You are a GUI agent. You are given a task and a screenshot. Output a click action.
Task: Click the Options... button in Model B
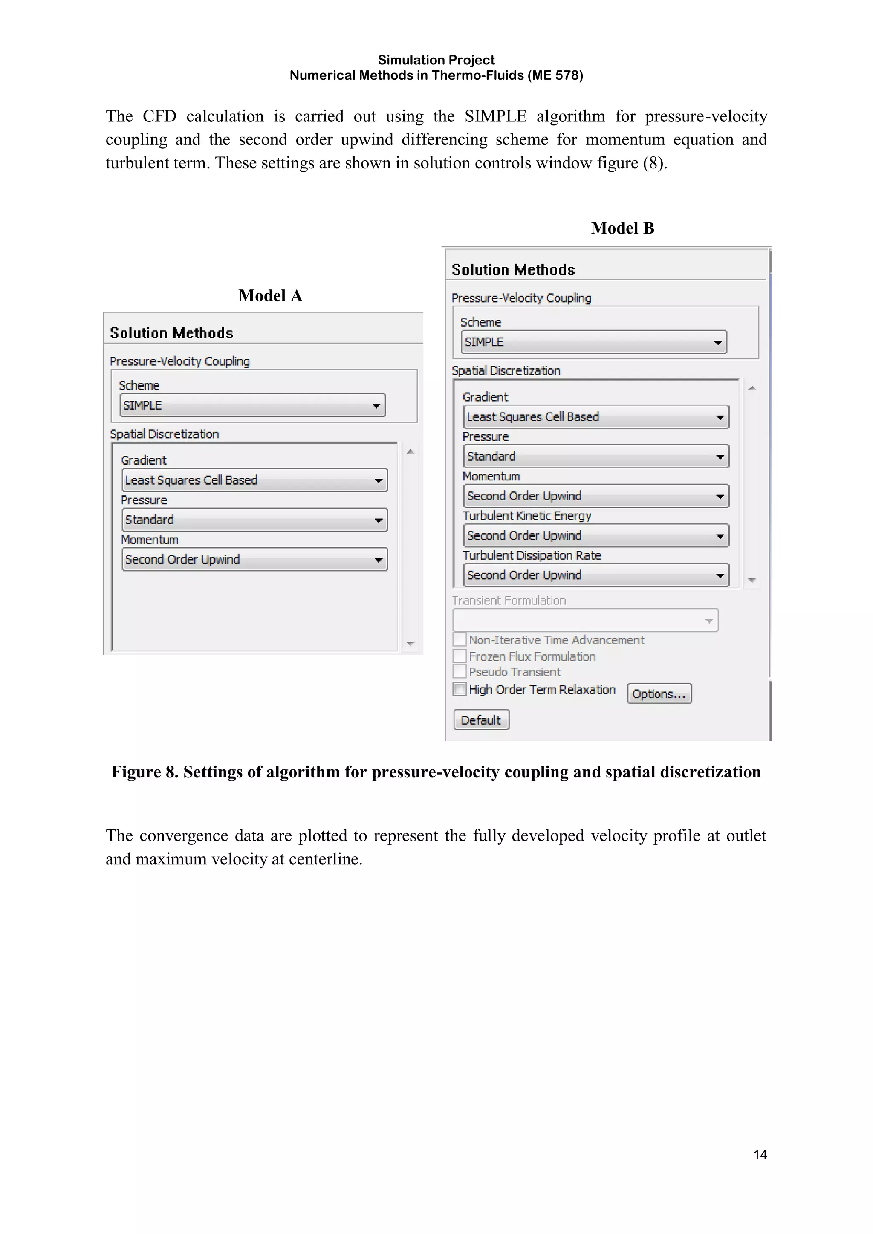tap(659, 694)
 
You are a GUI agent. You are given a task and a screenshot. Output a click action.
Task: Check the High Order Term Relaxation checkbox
tap(460, 689)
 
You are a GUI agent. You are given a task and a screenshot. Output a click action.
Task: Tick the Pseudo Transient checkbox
tap(460, 671)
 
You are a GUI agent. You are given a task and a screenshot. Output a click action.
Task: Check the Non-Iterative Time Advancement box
tap(460, 639)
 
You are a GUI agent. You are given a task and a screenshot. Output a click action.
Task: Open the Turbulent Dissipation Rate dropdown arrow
tap(720, 575)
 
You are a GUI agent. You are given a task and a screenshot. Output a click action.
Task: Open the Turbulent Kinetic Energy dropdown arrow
tap(720, 536)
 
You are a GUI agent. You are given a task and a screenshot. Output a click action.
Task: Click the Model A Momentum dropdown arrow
tap(379, 560)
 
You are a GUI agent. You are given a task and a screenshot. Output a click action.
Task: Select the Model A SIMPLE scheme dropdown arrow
tap(376, 406)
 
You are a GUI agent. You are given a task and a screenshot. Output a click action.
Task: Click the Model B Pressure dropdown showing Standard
tap(595, 456)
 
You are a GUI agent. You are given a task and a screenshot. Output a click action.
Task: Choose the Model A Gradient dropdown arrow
tap(379, 480)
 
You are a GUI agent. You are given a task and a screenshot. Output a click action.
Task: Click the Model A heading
tap(270, 295)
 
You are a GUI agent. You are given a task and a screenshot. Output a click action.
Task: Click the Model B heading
tap(622, 228)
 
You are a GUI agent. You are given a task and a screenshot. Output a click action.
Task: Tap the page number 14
tap(760, 1154)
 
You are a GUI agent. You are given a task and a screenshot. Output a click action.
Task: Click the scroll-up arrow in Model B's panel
tap(752, 388)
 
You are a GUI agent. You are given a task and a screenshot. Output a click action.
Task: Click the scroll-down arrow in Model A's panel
tap(410, 643)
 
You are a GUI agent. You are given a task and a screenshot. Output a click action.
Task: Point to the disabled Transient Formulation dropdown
tap(585, 620)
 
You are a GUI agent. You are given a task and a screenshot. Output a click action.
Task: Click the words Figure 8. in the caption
tap(145, 772)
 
